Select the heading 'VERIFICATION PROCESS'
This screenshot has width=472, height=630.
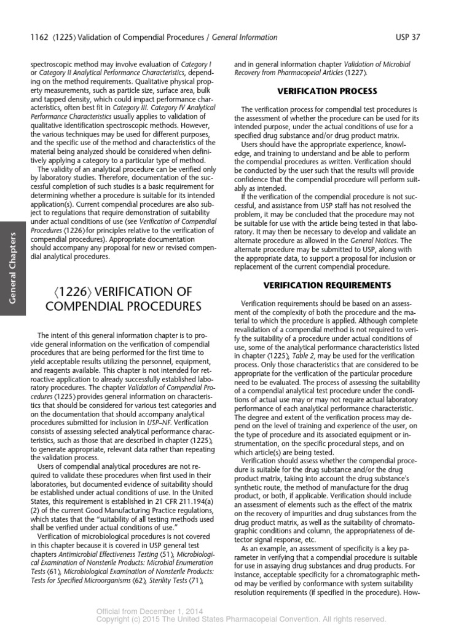[x=327, y=91]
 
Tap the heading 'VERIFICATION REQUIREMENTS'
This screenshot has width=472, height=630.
[x=327, y=285]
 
